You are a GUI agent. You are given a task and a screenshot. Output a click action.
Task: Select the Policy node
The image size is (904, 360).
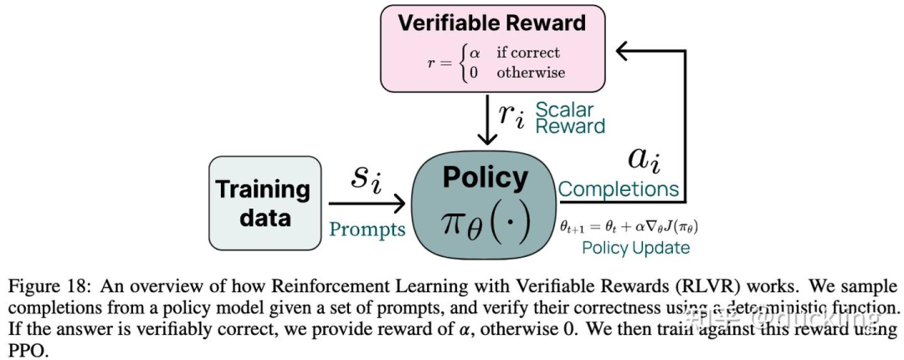[x=485, y=201]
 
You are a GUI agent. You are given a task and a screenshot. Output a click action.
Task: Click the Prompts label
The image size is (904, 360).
[x=367, y=229]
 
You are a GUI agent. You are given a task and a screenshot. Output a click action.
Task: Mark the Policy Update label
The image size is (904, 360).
[x=635, y=248]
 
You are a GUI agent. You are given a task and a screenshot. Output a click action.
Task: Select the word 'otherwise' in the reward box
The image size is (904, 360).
[x=531, y=72]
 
